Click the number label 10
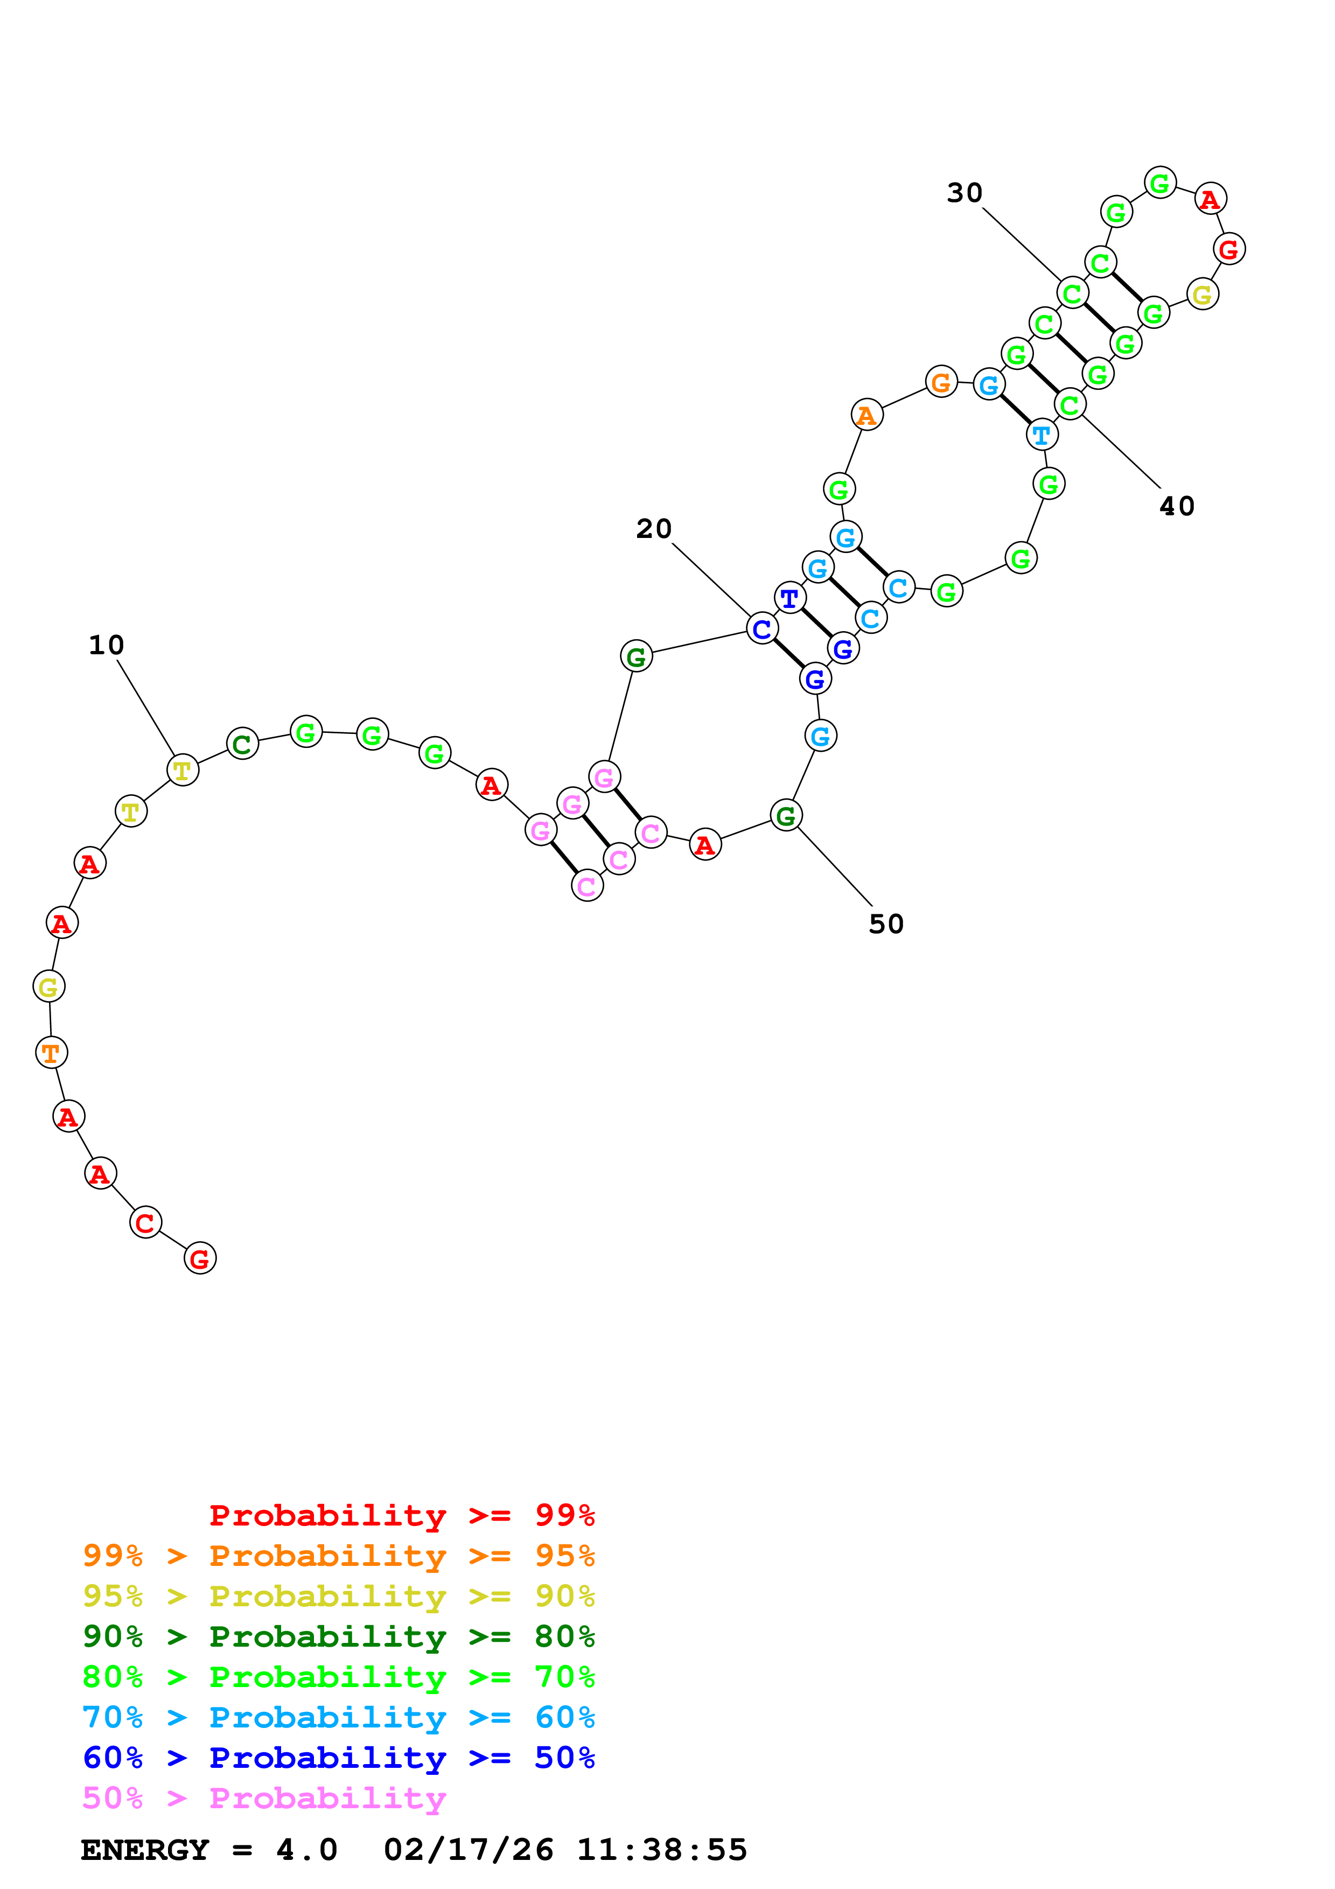point(106,645)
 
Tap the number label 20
point(654,529)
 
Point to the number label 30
point(965,193)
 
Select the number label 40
point(1177,507)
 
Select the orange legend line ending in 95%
point(339,1556)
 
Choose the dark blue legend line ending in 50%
point(339,1758)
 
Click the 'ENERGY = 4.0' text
point(209,1850)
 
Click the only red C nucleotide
point(145,1222)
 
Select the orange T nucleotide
point(51,1052)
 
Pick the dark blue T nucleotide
point(789,598)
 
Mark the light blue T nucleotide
point(1042,435)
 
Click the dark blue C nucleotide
point(761,629)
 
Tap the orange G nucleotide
point(941,382)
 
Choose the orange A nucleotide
point(866,416)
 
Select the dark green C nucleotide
point(242,744)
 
